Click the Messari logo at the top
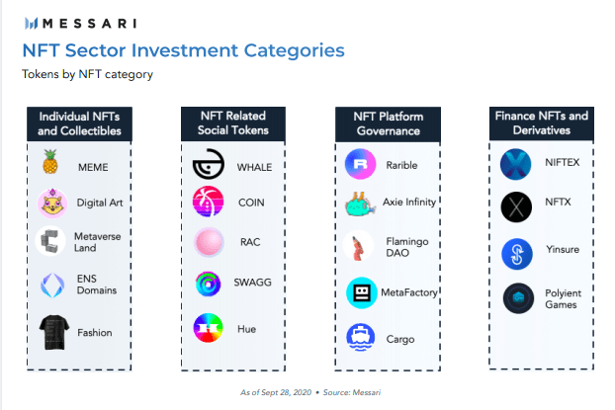82,23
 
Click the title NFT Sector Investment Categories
183,50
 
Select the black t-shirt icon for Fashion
52,332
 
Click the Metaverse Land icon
50,241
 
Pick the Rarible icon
361,163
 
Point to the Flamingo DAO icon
360,247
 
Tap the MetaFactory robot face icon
361,293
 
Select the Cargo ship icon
361,338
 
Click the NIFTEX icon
516,164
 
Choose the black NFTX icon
516,207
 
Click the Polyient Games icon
518,297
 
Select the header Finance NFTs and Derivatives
541,123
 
